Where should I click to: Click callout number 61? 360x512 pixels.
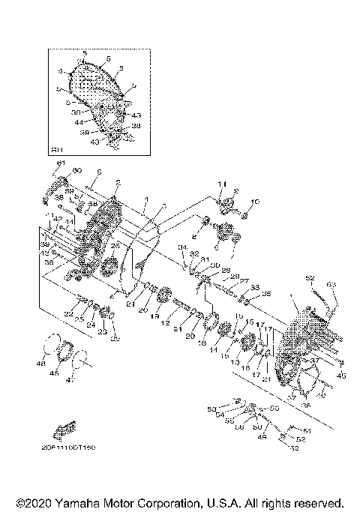(x=61, y=163)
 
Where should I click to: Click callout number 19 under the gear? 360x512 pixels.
(x=156, y=317)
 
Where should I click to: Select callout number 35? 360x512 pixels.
(x=266, y=294)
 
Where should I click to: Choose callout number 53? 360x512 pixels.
(x=211, y=409)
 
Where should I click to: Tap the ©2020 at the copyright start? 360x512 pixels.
(x=30, y=502)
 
